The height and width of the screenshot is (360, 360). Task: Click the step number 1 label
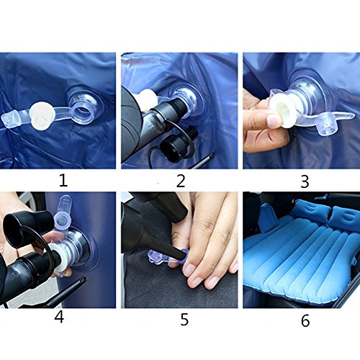click(x=63, y=181)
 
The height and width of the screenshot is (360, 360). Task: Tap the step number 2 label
click(x=181, y=181)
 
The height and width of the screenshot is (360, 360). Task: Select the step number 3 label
click(x=305, y=182)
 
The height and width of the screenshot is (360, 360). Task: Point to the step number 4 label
click(x=59, y=318)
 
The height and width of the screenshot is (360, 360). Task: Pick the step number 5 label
click(x=184, y=320)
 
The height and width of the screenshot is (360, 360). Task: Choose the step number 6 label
click(x=305, y=321)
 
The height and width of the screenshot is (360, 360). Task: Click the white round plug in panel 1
click(x=42, y=114)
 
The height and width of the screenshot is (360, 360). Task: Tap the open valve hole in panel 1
click(x=83, y=112)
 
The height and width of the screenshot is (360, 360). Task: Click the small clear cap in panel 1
click(x=10, y=117)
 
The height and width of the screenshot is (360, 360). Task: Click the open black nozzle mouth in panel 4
click(x=12, y=227)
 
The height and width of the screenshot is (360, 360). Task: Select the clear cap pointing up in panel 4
click(x=63, y=215)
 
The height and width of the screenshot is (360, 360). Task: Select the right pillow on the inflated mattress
click(x=345, y=218)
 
